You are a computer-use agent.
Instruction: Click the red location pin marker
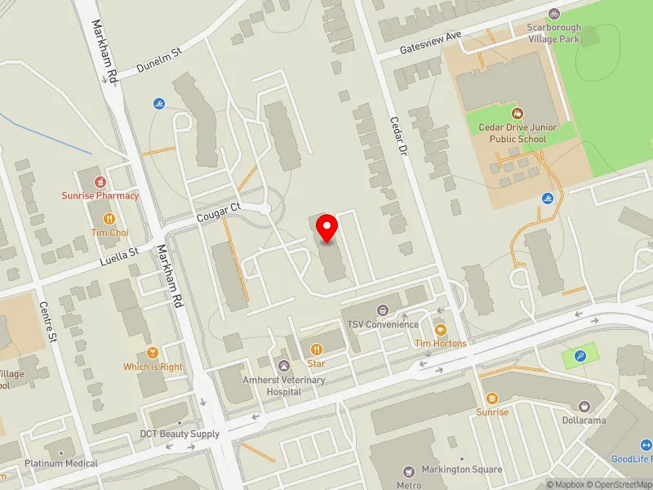tap(327, 228)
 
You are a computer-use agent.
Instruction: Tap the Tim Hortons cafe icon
tap(441, 330)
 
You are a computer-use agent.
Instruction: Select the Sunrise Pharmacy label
tap(100, 195)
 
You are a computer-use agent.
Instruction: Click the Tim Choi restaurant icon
tap(109, 219)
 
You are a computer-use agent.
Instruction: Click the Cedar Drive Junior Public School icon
tap(517, 114)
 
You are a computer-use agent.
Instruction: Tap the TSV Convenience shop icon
tap(382, 310)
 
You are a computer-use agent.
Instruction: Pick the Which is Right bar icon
tap(153, 353)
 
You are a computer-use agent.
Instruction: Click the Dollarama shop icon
tap(584, 406)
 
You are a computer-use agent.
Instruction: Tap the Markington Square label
tap(462, 470)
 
